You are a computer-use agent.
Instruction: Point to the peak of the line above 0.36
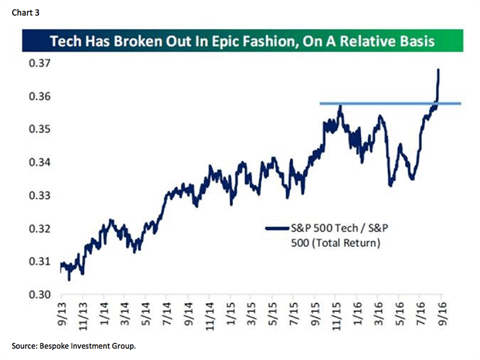[x=439, y=70]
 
